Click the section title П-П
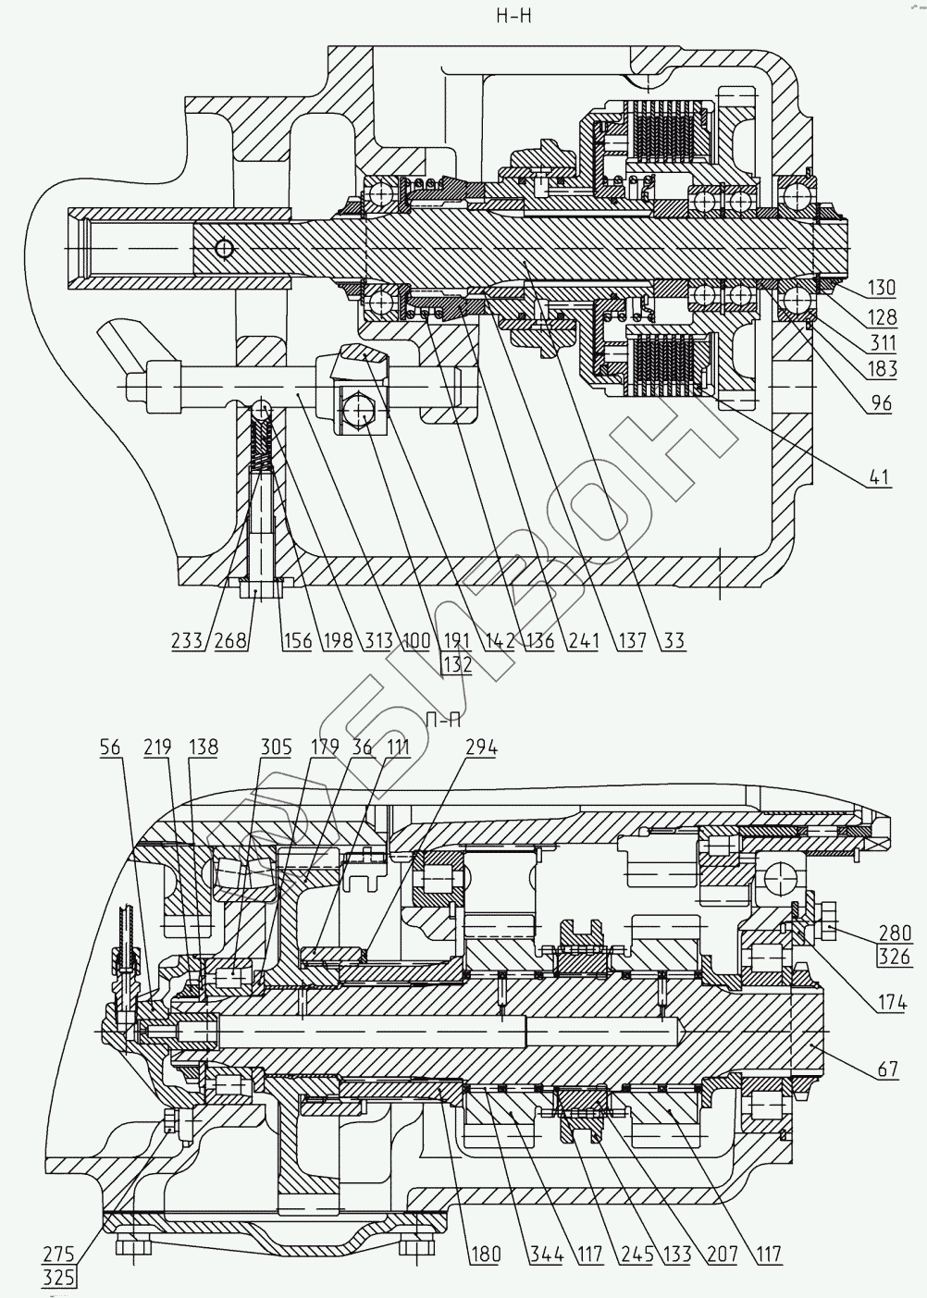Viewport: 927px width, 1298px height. pos(442,721)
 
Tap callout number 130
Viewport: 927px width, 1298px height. pos(882,288)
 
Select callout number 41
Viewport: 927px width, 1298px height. pos(881,477)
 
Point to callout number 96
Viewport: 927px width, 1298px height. pos(882,402)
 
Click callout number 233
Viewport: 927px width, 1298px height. pos(187,640)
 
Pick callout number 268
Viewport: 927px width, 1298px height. pos(230,640)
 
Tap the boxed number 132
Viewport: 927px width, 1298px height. pos(457,664)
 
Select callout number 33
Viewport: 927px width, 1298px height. pos(674,640)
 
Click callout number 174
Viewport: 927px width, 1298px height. pos(892,1003)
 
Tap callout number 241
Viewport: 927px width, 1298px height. pos(583,640)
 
